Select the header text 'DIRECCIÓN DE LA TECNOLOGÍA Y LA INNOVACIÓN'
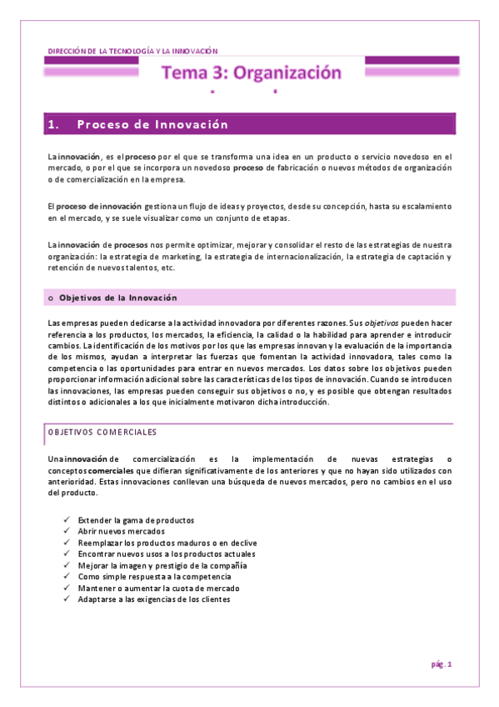(128, 51)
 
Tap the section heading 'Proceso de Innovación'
(152, 124)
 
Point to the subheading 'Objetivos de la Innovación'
(117, 298)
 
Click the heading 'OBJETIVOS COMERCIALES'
(102, 433)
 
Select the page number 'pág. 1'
(441, 664)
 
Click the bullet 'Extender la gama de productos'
(136, 519)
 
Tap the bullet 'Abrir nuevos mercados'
(121, 531)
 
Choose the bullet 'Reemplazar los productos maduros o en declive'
(162, 542)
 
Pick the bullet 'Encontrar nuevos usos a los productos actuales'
(166, 554)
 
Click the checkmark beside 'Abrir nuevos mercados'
(66, 531)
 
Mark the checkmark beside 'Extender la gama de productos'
(66, 519)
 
